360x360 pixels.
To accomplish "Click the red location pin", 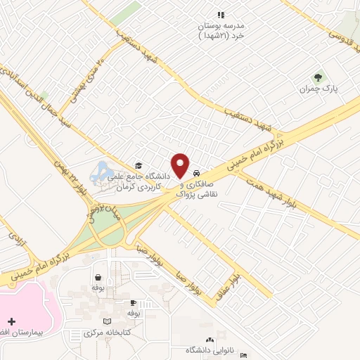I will tap(182, 165).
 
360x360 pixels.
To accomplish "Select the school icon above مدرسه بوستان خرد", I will tap(220, 14).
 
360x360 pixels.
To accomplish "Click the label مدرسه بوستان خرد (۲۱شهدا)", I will tap(219, 29).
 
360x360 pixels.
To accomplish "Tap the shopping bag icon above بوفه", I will tap(98, 277).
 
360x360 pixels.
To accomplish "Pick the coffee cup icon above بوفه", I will tap(133, 302).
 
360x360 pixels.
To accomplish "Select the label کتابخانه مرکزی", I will tap(98, 332).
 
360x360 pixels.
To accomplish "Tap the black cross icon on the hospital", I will tap(11, 321).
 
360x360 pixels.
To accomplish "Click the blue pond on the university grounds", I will tap(101, 170).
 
